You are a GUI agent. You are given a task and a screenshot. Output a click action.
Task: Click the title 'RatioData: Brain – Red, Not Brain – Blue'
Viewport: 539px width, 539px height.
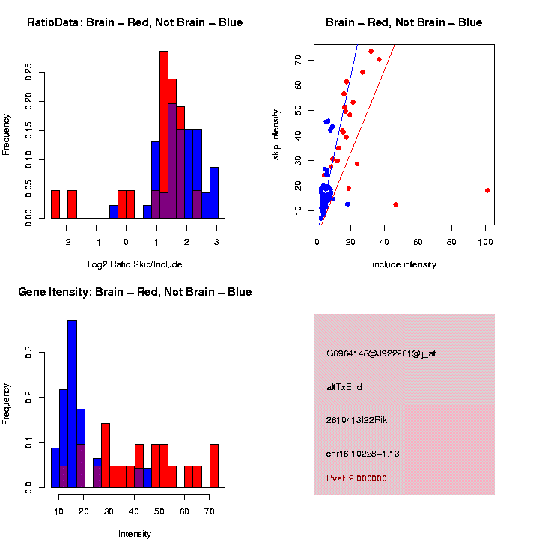click(135, 22)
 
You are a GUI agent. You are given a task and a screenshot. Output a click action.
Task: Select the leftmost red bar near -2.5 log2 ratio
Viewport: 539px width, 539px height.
click(55, 204)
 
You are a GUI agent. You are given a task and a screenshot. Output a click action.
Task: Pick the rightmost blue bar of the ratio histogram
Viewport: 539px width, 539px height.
click(214, 192)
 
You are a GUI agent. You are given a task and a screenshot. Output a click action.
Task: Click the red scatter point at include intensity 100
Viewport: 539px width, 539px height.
click(487, 190)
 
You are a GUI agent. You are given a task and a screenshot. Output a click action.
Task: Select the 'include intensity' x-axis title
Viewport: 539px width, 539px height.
click(404, 264)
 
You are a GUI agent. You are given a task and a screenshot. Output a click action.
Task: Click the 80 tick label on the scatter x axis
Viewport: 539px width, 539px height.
click(451, 241)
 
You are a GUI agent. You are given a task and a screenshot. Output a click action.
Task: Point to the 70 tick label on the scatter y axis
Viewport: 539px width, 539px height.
click(299, 60)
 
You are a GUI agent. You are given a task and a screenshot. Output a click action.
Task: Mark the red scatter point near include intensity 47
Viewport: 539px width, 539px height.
click(395, 204)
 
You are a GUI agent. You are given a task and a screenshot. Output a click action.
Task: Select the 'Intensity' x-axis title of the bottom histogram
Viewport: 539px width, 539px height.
click(135, 534)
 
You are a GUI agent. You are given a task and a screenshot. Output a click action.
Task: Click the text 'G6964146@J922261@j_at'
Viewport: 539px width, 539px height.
click(381, 353)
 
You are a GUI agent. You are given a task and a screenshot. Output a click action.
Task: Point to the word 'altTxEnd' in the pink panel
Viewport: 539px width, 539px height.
click(344, 387)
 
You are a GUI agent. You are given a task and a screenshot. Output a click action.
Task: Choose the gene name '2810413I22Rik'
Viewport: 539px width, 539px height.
click(356, 420)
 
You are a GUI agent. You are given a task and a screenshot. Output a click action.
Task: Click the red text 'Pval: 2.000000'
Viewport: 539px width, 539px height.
click(356, 478)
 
